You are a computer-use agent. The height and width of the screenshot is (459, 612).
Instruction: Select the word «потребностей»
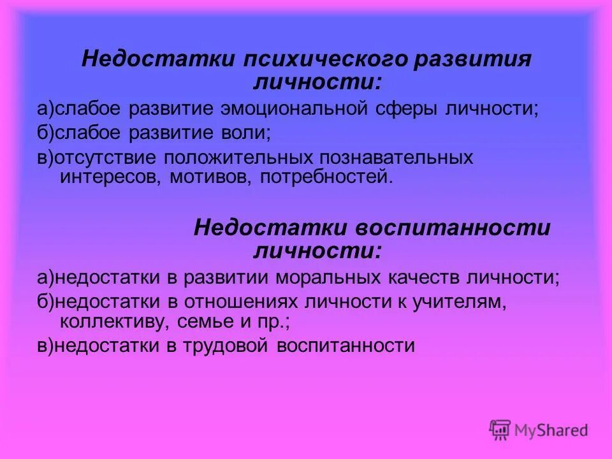pyautogui.click(x=323, y=176)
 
